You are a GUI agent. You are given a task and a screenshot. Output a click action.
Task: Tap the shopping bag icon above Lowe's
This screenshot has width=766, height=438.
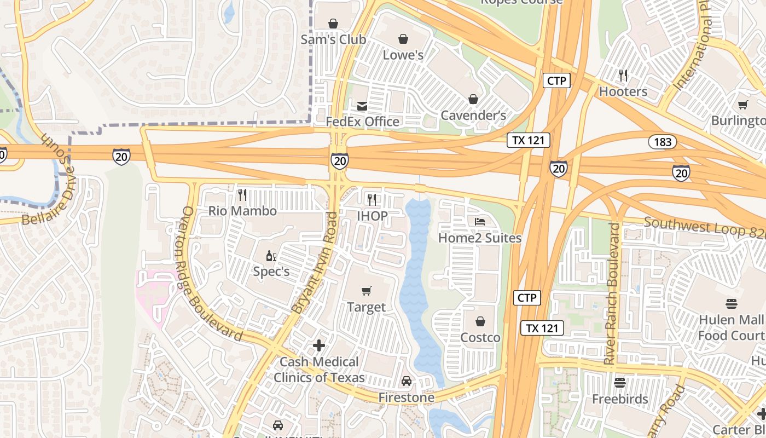point(403,39)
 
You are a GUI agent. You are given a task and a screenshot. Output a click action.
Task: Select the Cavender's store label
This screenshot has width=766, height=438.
point(473,115)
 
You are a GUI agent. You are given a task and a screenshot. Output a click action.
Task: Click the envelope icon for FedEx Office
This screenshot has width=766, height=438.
point(362,106)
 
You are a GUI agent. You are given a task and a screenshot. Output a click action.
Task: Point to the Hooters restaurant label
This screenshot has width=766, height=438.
point(623,91)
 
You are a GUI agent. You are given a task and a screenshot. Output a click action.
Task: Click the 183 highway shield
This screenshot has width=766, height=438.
point(663,142)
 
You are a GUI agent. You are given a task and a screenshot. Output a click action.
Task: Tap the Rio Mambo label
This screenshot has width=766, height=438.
point(242,211)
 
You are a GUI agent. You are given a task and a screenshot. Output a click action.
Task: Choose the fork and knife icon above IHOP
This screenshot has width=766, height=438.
point(372,200)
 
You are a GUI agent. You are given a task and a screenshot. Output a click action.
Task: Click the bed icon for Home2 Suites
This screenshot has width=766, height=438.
point(480,222)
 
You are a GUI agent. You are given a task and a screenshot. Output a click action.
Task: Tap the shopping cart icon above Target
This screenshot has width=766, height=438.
point(366,291)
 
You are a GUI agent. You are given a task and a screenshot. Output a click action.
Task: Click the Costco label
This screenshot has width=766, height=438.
point(480,337)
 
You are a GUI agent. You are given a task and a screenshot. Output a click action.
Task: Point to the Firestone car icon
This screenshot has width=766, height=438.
point(407,381)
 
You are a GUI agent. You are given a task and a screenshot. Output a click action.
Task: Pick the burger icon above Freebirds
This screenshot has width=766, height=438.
point(620,382)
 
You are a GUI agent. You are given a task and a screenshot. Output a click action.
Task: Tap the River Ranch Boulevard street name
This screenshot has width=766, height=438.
point(613,293)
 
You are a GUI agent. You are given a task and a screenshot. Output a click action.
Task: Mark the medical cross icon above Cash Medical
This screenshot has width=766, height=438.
point(319,345)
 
